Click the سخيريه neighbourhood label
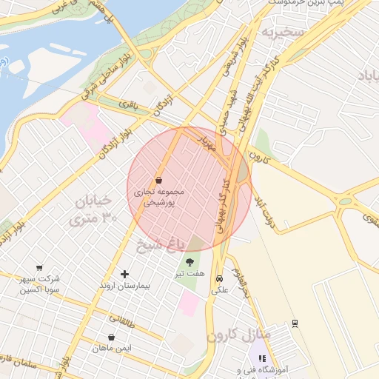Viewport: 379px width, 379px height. pyautogui.click(x=281, y=33)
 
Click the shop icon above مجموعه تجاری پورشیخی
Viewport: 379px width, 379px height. pyautogui.click(x=158, y=180)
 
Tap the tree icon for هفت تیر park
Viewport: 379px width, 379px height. pyautogui.click(x=189, y=261)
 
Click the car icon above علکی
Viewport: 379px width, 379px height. pyautogui.click(x=220, y=279)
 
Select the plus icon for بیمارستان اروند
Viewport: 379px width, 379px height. pyautogui.click(x=124, y=274)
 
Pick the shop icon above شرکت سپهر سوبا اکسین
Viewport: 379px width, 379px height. pyautogui.click(x=39, y=268)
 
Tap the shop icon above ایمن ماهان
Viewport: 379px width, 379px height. pyautogui.click(x=111, y=337)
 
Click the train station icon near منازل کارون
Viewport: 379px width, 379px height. pyautogui.click(x=295, y=323)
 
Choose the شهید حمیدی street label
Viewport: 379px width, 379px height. pyautogui.click(x=222, y=107)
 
